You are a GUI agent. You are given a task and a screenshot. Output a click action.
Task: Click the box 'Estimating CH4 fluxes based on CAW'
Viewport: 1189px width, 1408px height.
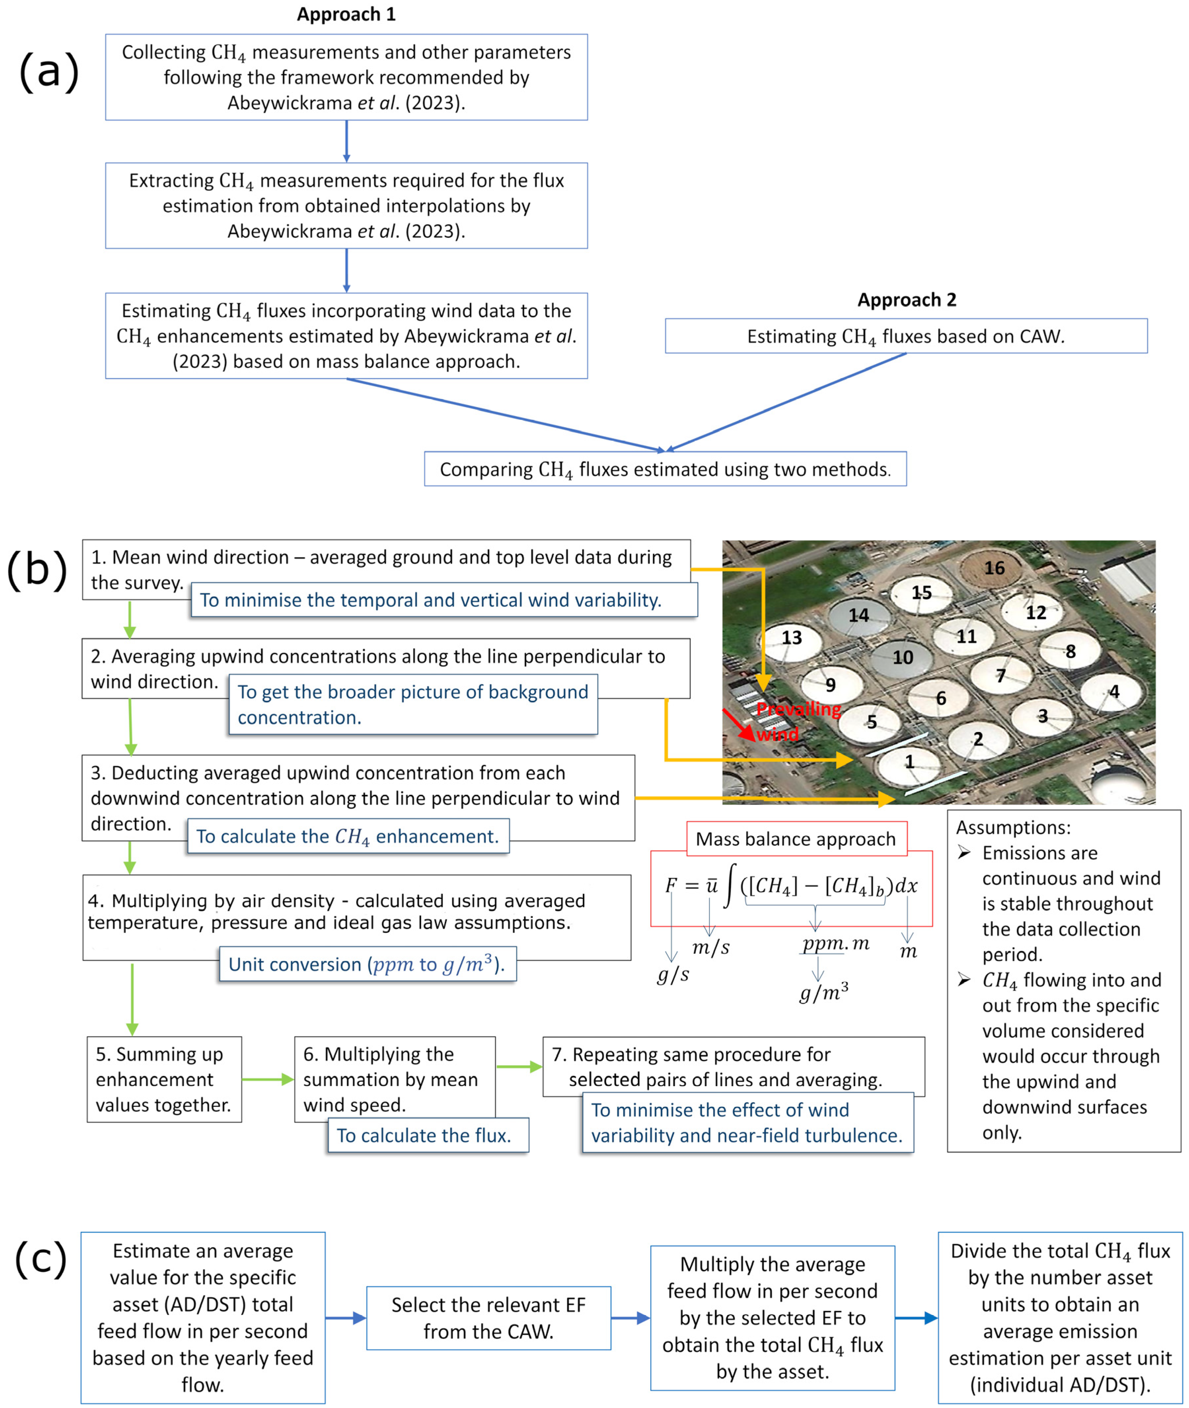(906, 336)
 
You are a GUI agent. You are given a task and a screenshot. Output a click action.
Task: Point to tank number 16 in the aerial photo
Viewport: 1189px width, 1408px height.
(993, 568)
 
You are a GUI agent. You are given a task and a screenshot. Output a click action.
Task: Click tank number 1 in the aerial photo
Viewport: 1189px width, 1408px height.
(909, 762)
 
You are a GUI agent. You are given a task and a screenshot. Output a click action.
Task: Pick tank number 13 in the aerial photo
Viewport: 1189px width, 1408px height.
(791, 637)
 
